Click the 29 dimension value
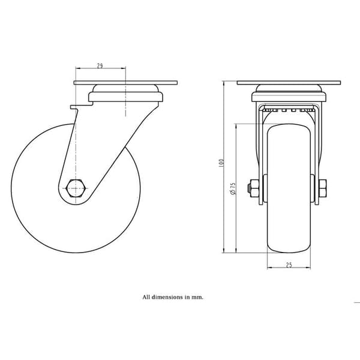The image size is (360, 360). coord(100,65)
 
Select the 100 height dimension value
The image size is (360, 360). coord(221,163)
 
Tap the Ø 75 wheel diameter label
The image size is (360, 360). coord(233,189)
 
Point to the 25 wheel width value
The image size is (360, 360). coord(289,265)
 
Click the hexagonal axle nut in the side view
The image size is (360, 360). coord(76,188)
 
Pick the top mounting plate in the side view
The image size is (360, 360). coord(125,83)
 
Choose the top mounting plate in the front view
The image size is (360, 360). coord(289,83)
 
